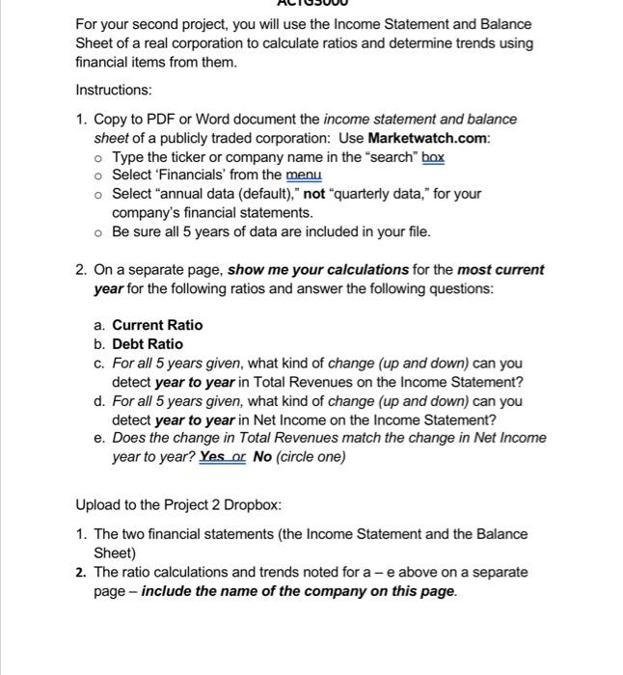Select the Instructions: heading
coord(114,90)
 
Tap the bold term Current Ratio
coord(157,325)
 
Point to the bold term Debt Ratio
coord(148,344)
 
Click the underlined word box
coord(431,156)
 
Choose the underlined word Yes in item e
coord(212,457)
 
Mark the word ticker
coord(193,156)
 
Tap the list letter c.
coord(98,364)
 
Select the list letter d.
coord(98,401)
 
